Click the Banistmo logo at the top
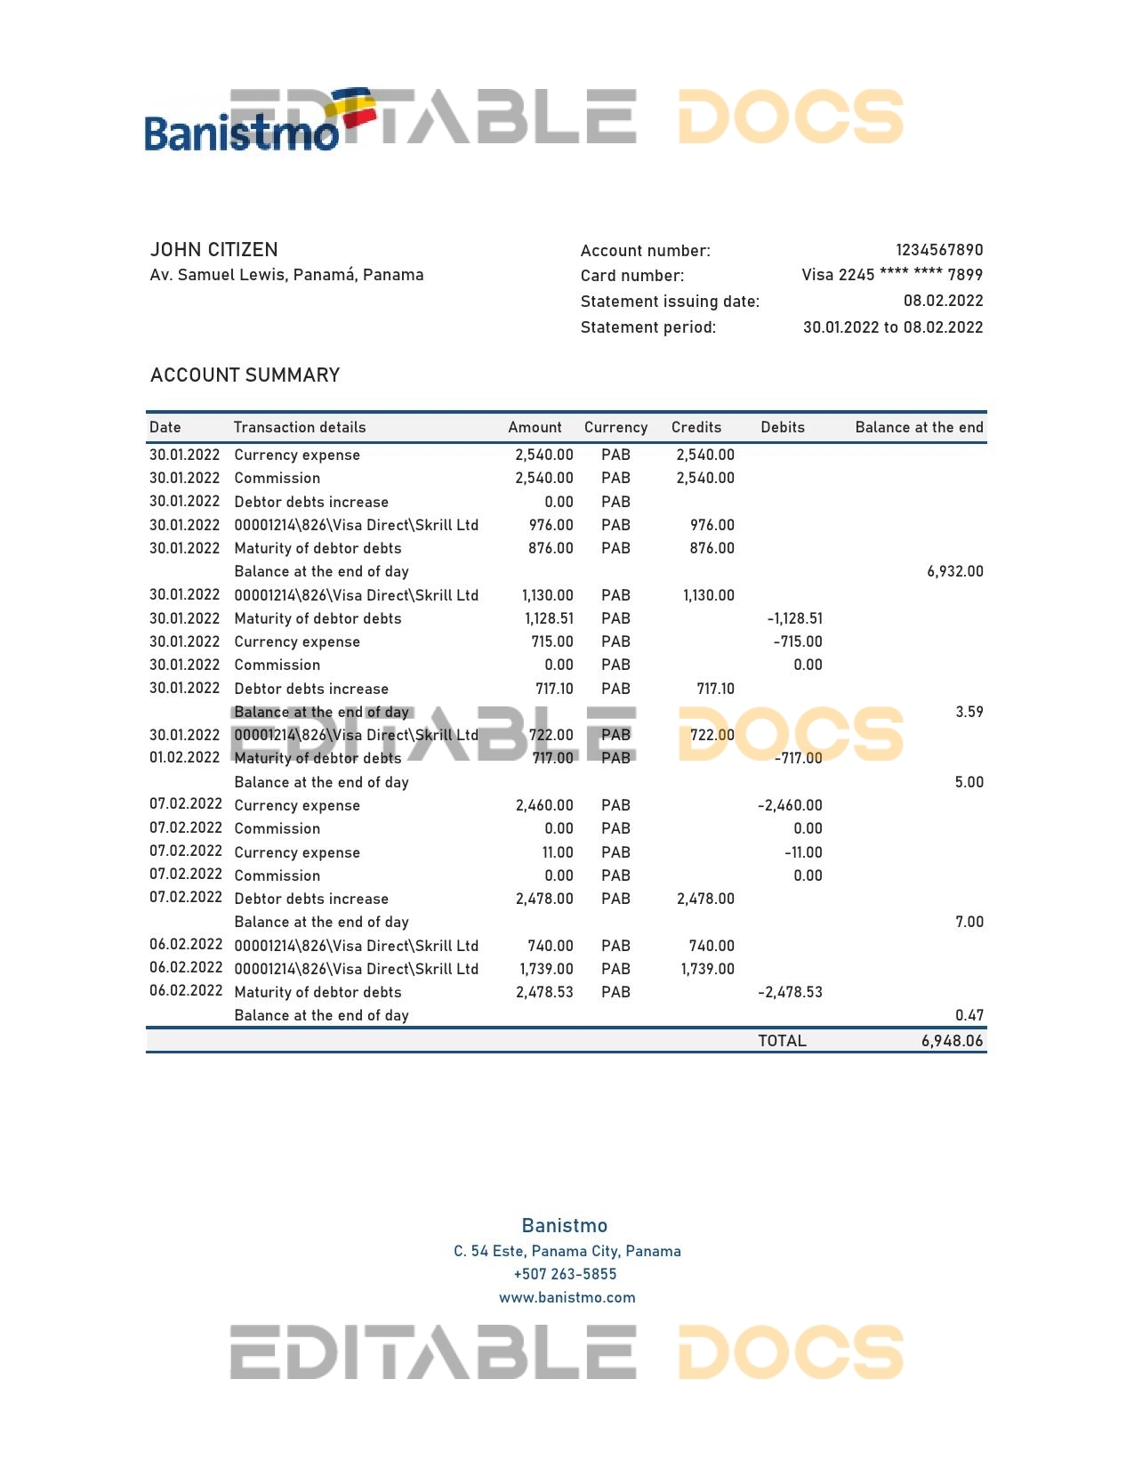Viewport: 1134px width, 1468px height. [x=258, y=125]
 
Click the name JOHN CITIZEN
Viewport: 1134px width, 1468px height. [x=214, y=250]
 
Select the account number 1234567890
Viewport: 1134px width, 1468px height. [x=939, y=250]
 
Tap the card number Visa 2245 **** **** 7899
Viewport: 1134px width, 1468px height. [x=892, y=275]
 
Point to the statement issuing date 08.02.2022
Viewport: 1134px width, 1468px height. [x=943, y=301]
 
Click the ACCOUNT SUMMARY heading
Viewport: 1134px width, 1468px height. [x=245, y=375]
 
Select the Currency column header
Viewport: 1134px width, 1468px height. [x=615, y=428]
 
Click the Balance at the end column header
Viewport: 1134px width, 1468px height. [x=919, y=428]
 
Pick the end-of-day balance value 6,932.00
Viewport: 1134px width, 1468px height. [x=954, y=572]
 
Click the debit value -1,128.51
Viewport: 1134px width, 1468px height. [x=794, y=618]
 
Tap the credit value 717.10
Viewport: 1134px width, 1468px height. [x=715, y=689]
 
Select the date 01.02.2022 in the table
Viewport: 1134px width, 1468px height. [x=184, y=758]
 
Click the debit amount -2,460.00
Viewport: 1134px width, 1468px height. [x=790, y=805]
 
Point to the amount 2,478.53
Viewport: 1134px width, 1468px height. [x=544, y=992]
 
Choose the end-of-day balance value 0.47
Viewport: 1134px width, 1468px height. [x=969, y=1015]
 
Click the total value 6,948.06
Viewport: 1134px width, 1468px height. [x=952, y=1041]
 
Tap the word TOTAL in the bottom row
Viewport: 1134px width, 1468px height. [x=782, y=1041]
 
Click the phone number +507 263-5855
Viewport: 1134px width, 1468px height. [x=566, y=1274]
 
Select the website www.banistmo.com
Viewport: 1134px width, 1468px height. [x=567, y=1297]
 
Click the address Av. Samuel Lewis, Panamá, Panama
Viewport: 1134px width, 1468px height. [x=286, y=275]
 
